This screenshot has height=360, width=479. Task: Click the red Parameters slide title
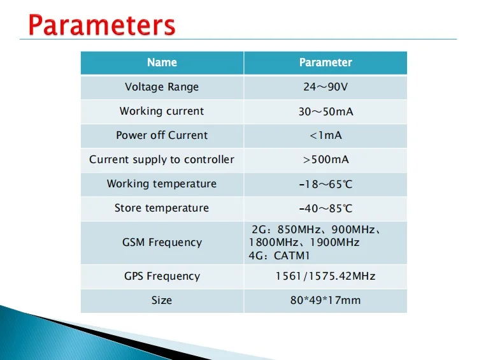[x=102, y=25]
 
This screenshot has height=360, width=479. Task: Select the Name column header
[x=162, y=62]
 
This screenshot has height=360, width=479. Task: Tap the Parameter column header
[x=325, y=62]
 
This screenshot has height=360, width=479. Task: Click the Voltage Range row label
[x=162, y=87]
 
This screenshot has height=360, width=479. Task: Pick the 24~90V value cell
[x=325, y=87]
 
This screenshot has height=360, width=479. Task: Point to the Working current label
[x=162, y=111]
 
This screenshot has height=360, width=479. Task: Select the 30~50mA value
[x=325, y=112]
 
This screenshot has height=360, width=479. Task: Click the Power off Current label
[x=162, y=135]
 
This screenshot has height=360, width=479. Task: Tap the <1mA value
[x=325, y=135]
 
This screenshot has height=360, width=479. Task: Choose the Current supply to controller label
[x=162, y=159]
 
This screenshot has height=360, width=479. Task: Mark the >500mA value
[x=325, y=159]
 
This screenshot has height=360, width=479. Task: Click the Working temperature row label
[x=162, y=184]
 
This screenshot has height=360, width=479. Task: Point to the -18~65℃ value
[x=325, y=184]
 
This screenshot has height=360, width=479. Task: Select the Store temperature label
[x=162, y=208]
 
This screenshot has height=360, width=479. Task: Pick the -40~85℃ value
[x=325, y=208]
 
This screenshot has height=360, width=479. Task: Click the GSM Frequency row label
[x=162, y=242]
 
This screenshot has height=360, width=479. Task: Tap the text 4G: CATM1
[x=279, y=256]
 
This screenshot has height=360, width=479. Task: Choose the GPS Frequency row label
[x=162, y=276]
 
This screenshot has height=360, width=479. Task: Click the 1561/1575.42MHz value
[x=325, y=276]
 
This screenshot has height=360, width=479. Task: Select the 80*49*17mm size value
[x=325, y=300]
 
